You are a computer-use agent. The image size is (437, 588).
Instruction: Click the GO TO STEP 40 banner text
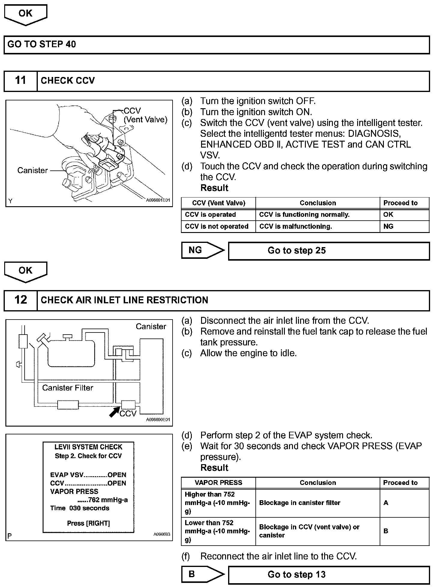coord(42,44)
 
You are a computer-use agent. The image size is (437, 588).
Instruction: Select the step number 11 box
coord(20,81)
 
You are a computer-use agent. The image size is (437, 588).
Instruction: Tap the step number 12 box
coord(20,300)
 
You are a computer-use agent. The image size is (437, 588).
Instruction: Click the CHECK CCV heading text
coord(68,81)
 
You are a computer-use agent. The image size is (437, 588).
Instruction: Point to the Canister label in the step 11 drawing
coord(32,170)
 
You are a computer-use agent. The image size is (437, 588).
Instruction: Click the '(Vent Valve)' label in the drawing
coord(146,120)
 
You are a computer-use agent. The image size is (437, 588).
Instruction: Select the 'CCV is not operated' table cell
coord(217,226)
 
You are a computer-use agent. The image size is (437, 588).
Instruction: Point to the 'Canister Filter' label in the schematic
coord(68,388)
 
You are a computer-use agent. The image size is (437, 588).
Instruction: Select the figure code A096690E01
coord(158,420)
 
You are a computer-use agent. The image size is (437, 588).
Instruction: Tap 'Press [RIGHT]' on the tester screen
coord(89,523)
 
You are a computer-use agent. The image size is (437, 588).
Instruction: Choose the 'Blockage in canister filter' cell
coord(300,503)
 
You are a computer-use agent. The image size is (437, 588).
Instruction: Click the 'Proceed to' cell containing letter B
coord(386,531)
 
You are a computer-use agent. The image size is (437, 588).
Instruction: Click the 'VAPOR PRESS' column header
coord(218,482)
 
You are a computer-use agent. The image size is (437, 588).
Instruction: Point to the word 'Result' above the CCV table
coord(214,188)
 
